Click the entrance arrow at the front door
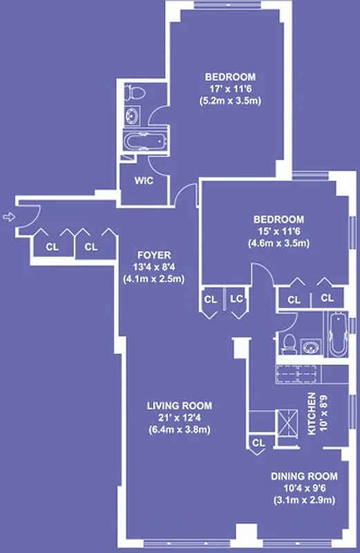pyautogui.click(x=8, y=217)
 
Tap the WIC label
pyautogui.click(x=143, y=181)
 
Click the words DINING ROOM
pyautogui.click(x=304, y=476)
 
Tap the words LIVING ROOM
pyautogui.click(x=179, y=406)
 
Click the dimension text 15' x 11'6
pyautogui.click(x=278, y=231)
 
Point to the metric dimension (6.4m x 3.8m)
pyautogui.click(x=179, y=429)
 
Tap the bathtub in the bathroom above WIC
pyautogui.click(x=145, y=142)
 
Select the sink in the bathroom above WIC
pyautogui.click(x=132, y=116)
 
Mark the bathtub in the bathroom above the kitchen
pyautogui.click(x=338, y=336)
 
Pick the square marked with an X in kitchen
pyautogui.click(x=285, y=421)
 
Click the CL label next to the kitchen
pyautogui.click(x=258, y=442)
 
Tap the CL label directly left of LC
pyautogui.click(x=210, y=299)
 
